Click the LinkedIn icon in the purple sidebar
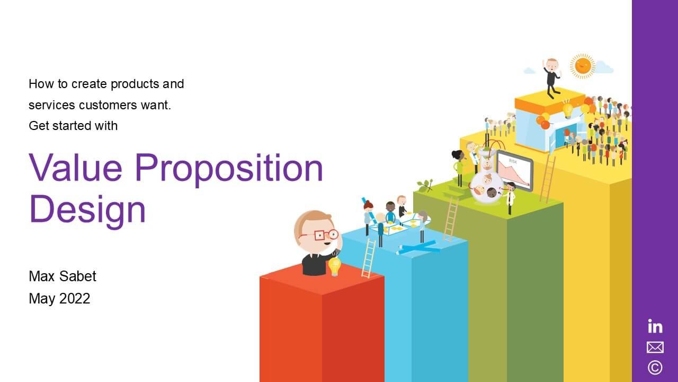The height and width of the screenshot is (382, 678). pyautogui.click(x=655, y=326)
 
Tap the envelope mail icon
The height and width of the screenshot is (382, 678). pyautogui.click(x=655, y=347)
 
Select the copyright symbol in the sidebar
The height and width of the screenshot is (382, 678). pyautogui.click(x=655, y=367)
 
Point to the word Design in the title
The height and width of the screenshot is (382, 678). pyautogui.click(x=87, y=209)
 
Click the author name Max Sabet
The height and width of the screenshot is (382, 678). pyautogui.click(x=63, y=276)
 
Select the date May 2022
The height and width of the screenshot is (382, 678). pyautogui.click(x=59, y=299)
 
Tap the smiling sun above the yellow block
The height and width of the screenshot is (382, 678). pyautogui.click(x=583, y=66)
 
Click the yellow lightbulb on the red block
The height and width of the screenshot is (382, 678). pyautogui.click(x=334, y=266)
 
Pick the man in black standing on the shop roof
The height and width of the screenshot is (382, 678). pyautogui.click(x=552, y=77)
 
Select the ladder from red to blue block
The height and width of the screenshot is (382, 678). pyautogui.click(x=368, y=258)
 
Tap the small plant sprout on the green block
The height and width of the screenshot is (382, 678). pyautogui.click(x=424, y=185)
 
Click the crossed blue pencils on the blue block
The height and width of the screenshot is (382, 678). pyautogui.click(x=418, y=247)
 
